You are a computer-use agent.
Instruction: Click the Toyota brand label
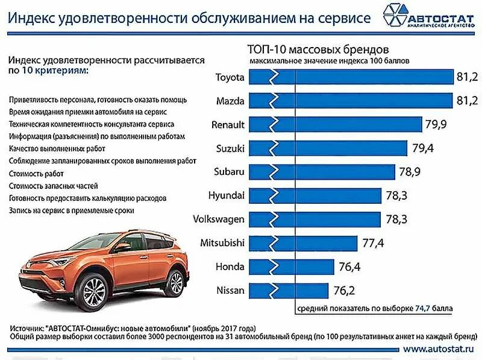point(230,78)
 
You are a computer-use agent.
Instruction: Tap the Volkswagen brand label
point(218,219)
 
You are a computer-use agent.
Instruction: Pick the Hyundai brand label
point(226,195)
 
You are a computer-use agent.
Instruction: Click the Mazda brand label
point(231,101)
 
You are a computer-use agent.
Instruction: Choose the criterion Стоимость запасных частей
point(53,186)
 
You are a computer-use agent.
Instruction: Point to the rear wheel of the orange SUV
point(175,283)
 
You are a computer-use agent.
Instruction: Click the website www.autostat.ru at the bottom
point(439,349)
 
